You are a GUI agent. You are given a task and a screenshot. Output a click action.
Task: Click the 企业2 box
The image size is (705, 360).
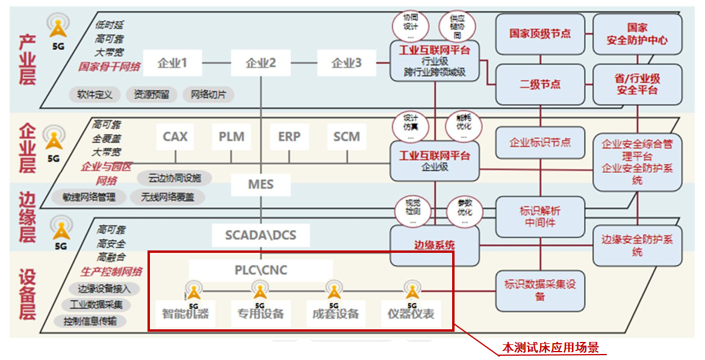coord(261,63)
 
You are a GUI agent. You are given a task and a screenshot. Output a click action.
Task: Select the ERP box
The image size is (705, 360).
coord(289,137)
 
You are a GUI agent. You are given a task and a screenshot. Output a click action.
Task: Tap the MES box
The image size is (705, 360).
coord(261,184)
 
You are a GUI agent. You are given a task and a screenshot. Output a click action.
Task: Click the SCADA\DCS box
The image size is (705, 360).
coord(261,234)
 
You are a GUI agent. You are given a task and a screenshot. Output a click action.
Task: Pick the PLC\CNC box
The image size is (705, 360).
coord(261,270)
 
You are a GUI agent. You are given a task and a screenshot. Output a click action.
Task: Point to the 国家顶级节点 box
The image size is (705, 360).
coord(540,34)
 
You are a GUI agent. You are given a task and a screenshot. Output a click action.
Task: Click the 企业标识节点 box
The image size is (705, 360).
coord(540,143)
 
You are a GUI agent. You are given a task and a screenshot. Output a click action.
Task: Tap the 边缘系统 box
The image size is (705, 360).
coord(434,245)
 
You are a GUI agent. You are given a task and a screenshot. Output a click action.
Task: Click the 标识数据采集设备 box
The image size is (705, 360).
coord(540,290)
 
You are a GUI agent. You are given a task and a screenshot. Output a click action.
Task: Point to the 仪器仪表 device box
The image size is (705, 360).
coord(411,314)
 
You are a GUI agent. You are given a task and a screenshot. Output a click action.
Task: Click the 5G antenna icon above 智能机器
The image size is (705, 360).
coord(193,291)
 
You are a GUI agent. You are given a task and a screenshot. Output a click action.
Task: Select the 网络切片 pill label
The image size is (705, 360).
coord(208,95)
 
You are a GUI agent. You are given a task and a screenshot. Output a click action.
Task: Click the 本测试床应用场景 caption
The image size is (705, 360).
coord(551,348)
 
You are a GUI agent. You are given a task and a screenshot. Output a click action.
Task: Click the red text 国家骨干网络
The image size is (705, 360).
coord(109,66)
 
